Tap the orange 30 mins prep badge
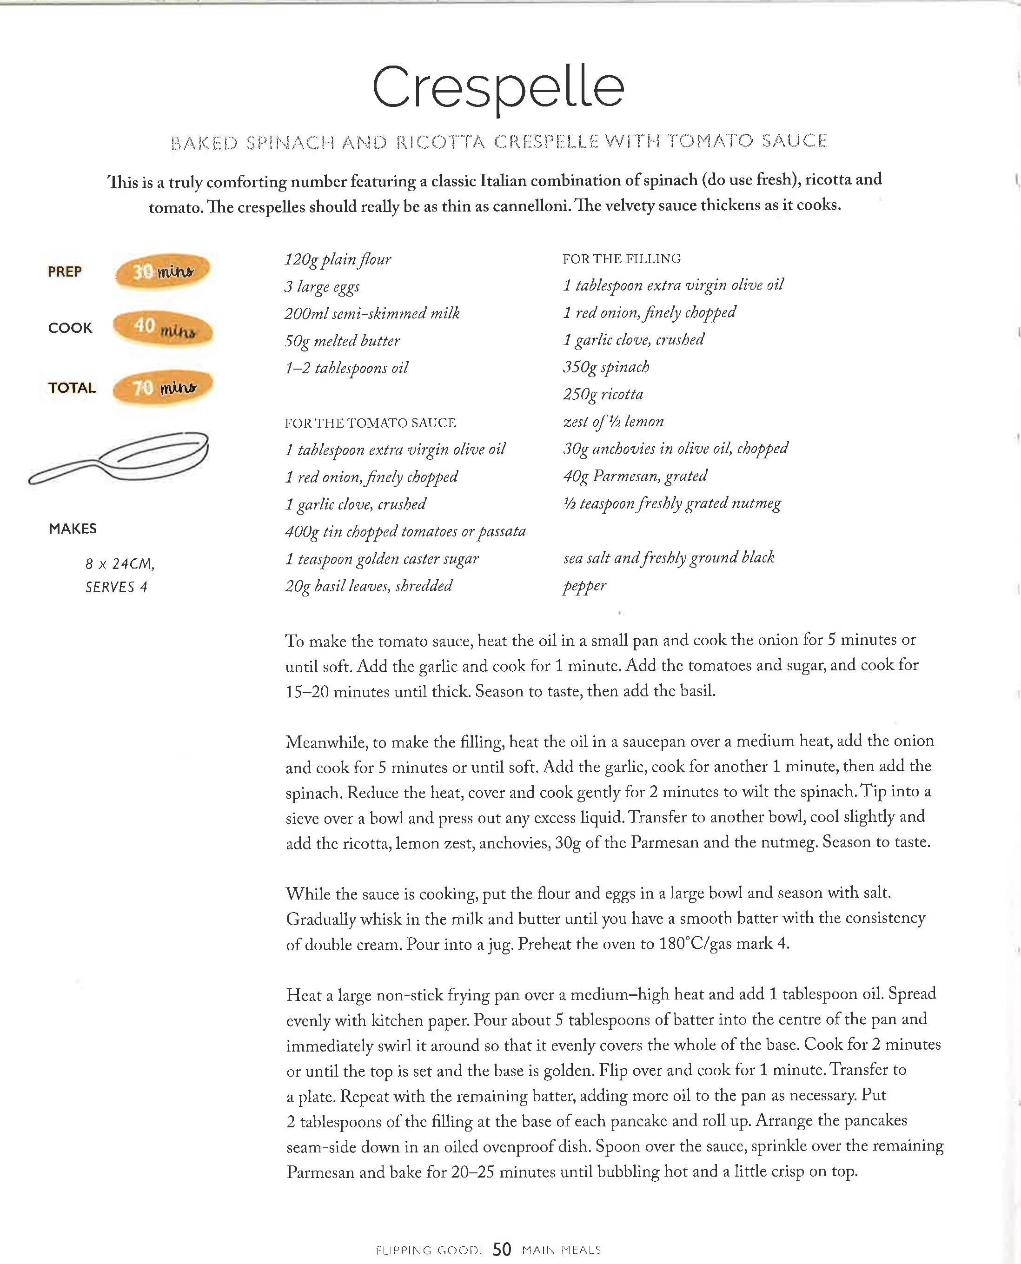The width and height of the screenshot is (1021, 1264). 163,271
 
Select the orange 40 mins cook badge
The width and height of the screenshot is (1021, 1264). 162,328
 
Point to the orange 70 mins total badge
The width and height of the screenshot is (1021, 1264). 162,387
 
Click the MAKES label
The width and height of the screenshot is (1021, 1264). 73,529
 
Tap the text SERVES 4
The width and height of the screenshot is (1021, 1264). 116,587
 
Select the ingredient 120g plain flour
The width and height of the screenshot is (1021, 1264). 338,259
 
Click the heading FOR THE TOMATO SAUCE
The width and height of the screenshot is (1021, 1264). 370,423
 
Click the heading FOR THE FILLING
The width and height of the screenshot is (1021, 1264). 621,258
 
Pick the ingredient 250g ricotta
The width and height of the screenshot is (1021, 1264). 603,394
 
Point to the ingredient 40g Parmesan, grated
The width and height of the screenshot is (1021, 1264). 635,476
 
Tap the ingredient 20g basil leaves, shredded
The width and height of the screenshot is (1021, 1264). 369,586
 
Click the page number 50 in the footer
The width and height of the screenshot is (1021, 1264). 502,1249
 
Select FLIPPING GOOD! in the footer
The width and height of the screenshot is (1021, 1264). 429,1250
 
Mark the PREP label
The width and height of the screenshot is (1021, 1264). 65,271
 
